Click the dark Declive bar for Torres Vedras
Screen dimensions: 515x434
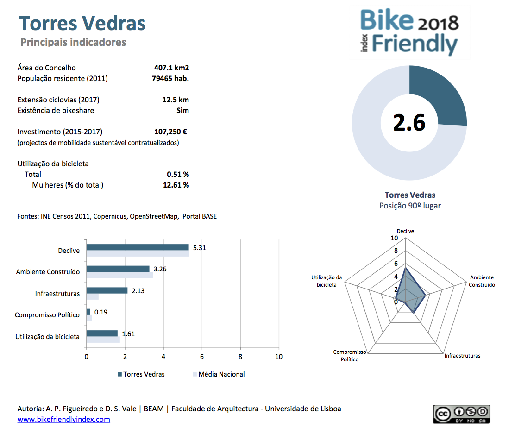point(138,247)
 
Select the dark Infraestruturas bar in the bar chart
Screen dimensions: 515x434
point(107,290)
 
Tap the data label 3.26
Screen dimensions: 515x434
point(160,269)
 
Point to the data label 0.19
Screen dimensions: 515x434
point(101,312)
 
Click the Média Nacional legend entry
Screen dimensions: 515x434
point(219,374)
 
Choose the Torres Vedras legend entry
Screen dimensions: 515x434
point(141,374)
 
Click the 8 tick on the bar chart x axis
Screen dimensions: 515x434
point(240,357)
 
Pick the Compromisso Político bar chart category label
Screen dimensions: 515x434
point(47,315)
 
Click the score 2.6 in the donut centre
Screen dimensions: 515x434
point(409,123)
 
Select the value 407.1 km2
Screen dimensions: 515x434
point(171,68)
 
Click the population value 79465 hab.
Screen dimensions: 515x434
point(170,79)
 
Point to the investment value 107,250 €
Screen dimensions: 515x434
point(171,132)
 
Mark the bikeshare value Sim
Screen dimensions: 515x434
point(182,110)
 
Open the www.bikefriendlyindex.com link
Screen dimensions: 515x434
point(64,420)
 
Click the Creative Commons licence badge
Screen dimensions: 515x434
point(461,414)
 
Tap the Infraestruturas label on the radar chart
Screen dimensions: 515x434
point(463,356)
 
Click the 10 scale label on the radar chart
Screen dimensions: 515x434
point(394,238)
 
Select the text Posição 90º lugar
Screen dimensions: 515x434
point(410,206)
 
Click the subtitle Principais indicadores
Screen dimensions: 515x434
point(73,42)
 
